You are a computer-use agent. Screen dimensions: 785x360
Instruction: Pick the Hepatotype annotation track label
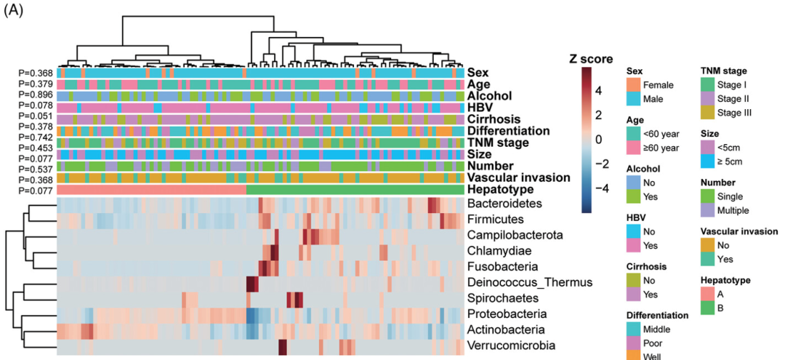499,190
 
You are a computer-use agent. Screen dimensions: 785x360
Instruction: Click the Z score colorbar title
591,59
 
